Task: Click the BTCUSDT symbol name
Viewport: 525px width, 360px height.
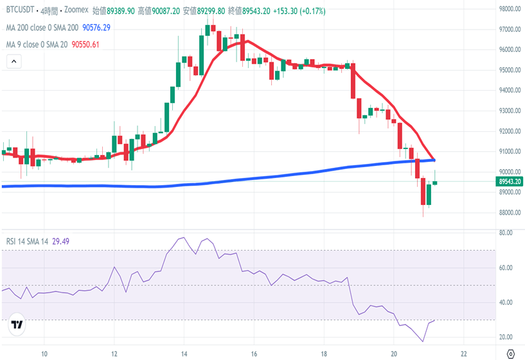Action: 19,11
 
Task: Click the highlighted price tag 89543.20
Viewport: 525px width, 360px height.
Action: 511,182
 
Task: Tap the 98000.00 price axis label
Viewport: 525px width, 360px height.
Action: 511,9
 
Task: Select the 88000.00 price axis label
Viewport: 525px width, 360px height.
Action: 511,213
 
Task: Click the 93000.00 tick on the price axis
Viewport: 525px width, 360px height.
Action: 511,111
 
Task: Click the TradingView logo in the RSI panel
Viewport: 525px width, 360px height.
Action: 17,325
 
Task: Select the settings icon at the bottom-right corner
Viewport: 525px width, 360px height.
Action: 510,354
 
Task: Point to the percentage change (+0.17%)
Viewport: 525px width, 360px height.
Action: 310,11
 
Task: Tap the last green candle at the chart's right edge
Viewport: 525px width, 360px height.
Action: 435,183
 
